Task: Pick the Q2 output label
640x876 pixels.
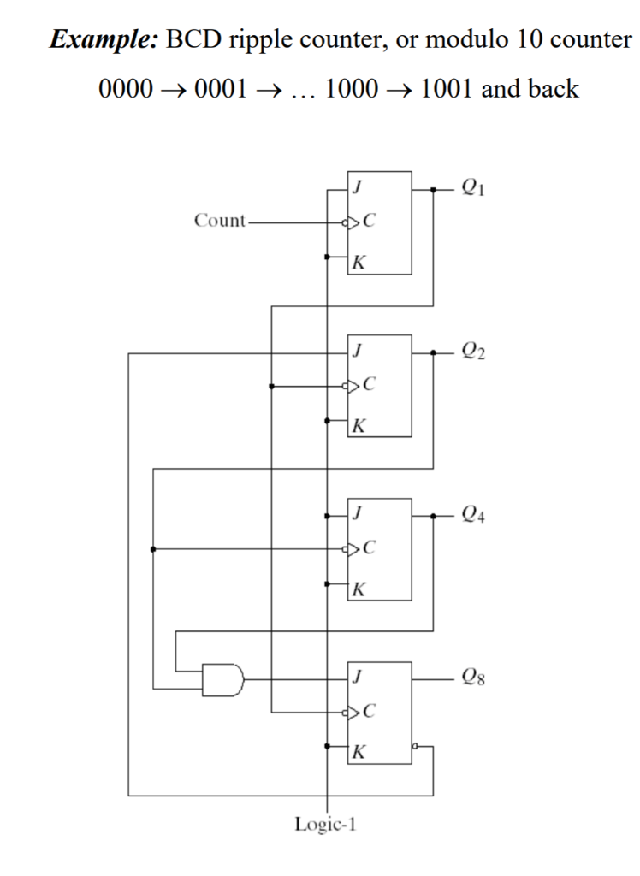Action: [x=472, y=352]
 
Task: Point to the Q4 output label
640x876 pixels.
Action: [x=472, y=516]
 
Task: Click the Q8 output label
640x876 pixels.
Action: [x=472, y=679]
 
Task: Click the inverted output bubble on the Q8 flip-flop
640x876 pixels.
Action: [x=415, y=746]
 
